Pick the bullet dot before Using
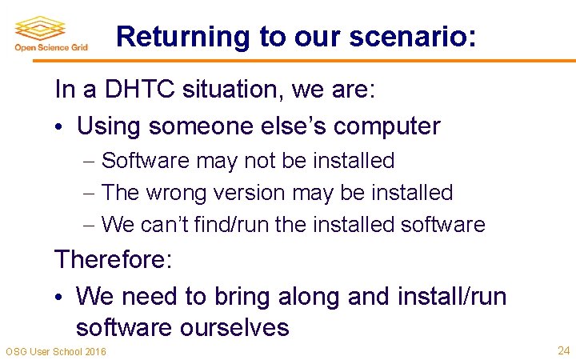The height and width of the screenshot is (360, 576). coord(60,126)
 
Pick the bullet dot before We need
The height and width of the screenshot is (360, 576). coord(60,297)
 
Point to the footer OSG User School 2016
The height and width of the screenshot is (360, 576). coord(55,352)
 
